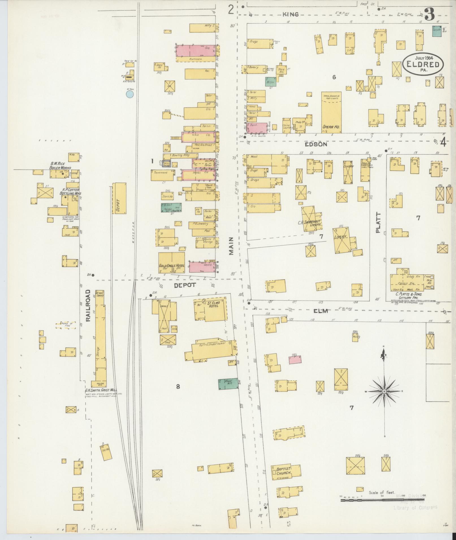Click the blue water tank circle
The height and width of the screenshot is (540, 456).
point(130,94)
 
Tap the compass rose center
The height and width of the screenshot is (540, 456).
point(384,392)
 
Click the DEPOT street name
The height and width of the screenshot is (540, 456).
point(185,285)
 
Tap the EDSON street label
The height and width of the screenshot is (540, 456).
point(316,144)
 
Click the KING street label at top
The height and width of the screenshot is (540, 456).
point(291,14)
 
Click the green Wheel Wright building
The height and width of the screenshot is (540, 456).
point(228,384)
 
